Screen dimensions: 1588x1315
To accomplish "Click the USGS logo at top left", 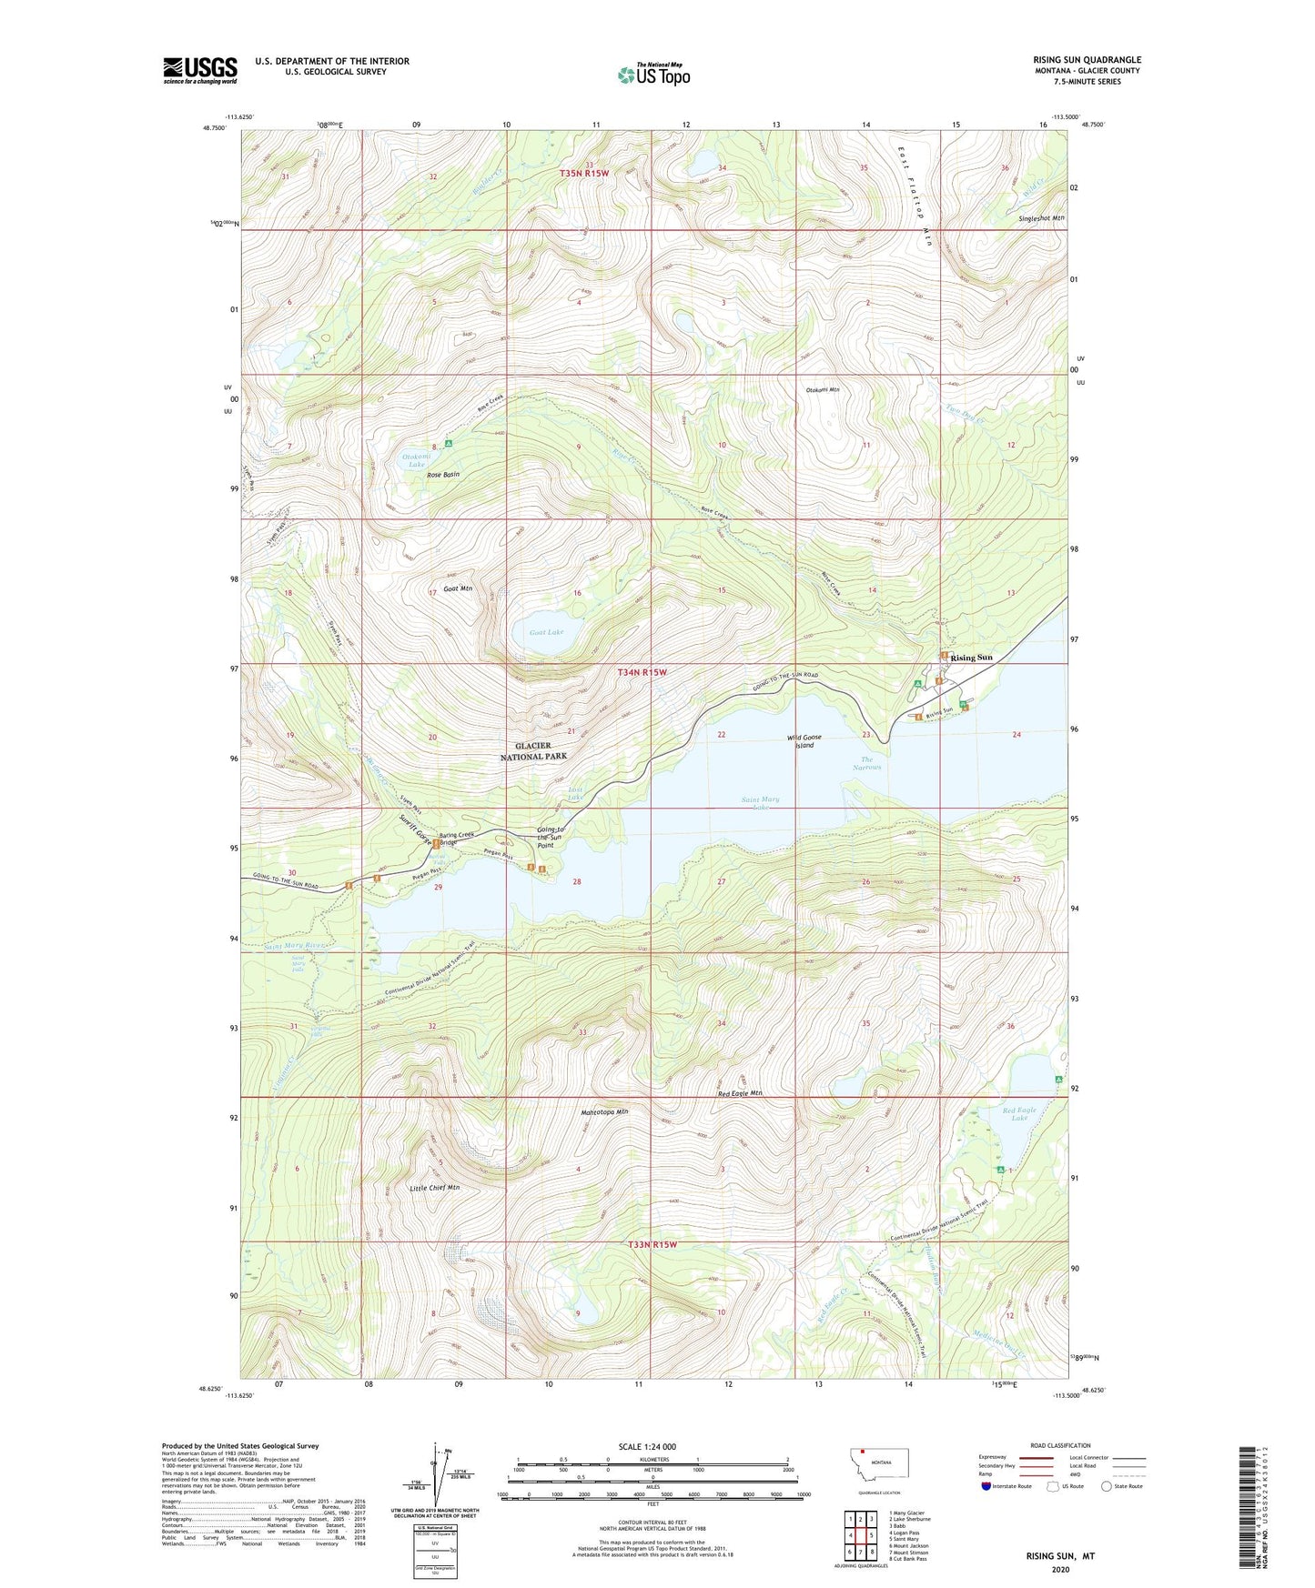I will tap(200, 70).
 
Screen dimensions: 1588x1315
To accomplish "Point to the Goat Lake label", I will tap(546, 632).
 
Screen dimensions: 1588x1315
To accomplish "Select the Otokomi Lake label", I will tap(417, 460).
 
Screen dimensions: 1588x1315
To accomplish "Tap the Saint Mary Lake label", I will tap(760, 803).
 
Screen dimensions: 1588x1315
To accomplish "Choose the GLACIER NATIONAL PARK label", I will tap(533, 751).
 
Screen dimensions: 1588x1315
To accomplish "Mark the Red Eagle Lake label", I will tap(1019, 1114).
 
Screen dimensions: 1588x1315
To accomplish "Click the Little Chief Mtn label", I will tap(434, 1188).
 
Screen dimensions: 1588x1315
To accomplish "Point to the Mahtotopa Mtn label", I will tap(604, 1111).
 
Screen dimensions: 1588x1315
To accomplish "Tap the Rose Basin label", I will tap(443, 475).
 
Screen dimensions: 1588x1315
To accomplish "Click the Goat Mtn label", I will tap(457, 588).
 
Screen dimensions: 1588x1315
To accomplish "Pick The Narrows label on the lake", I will tap(866, 763).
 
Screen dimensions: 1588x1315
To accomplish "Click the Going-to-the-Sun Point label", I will tap(551, 837).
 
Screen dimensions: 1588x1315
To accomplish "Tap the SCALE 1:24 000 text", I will tap(647, 1447).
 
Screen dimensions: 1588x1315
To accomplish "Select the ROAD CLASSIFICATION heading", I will tap(1060, 1445).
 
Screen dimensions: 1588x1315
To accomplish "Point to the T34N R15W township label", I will tap(642, 672).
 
